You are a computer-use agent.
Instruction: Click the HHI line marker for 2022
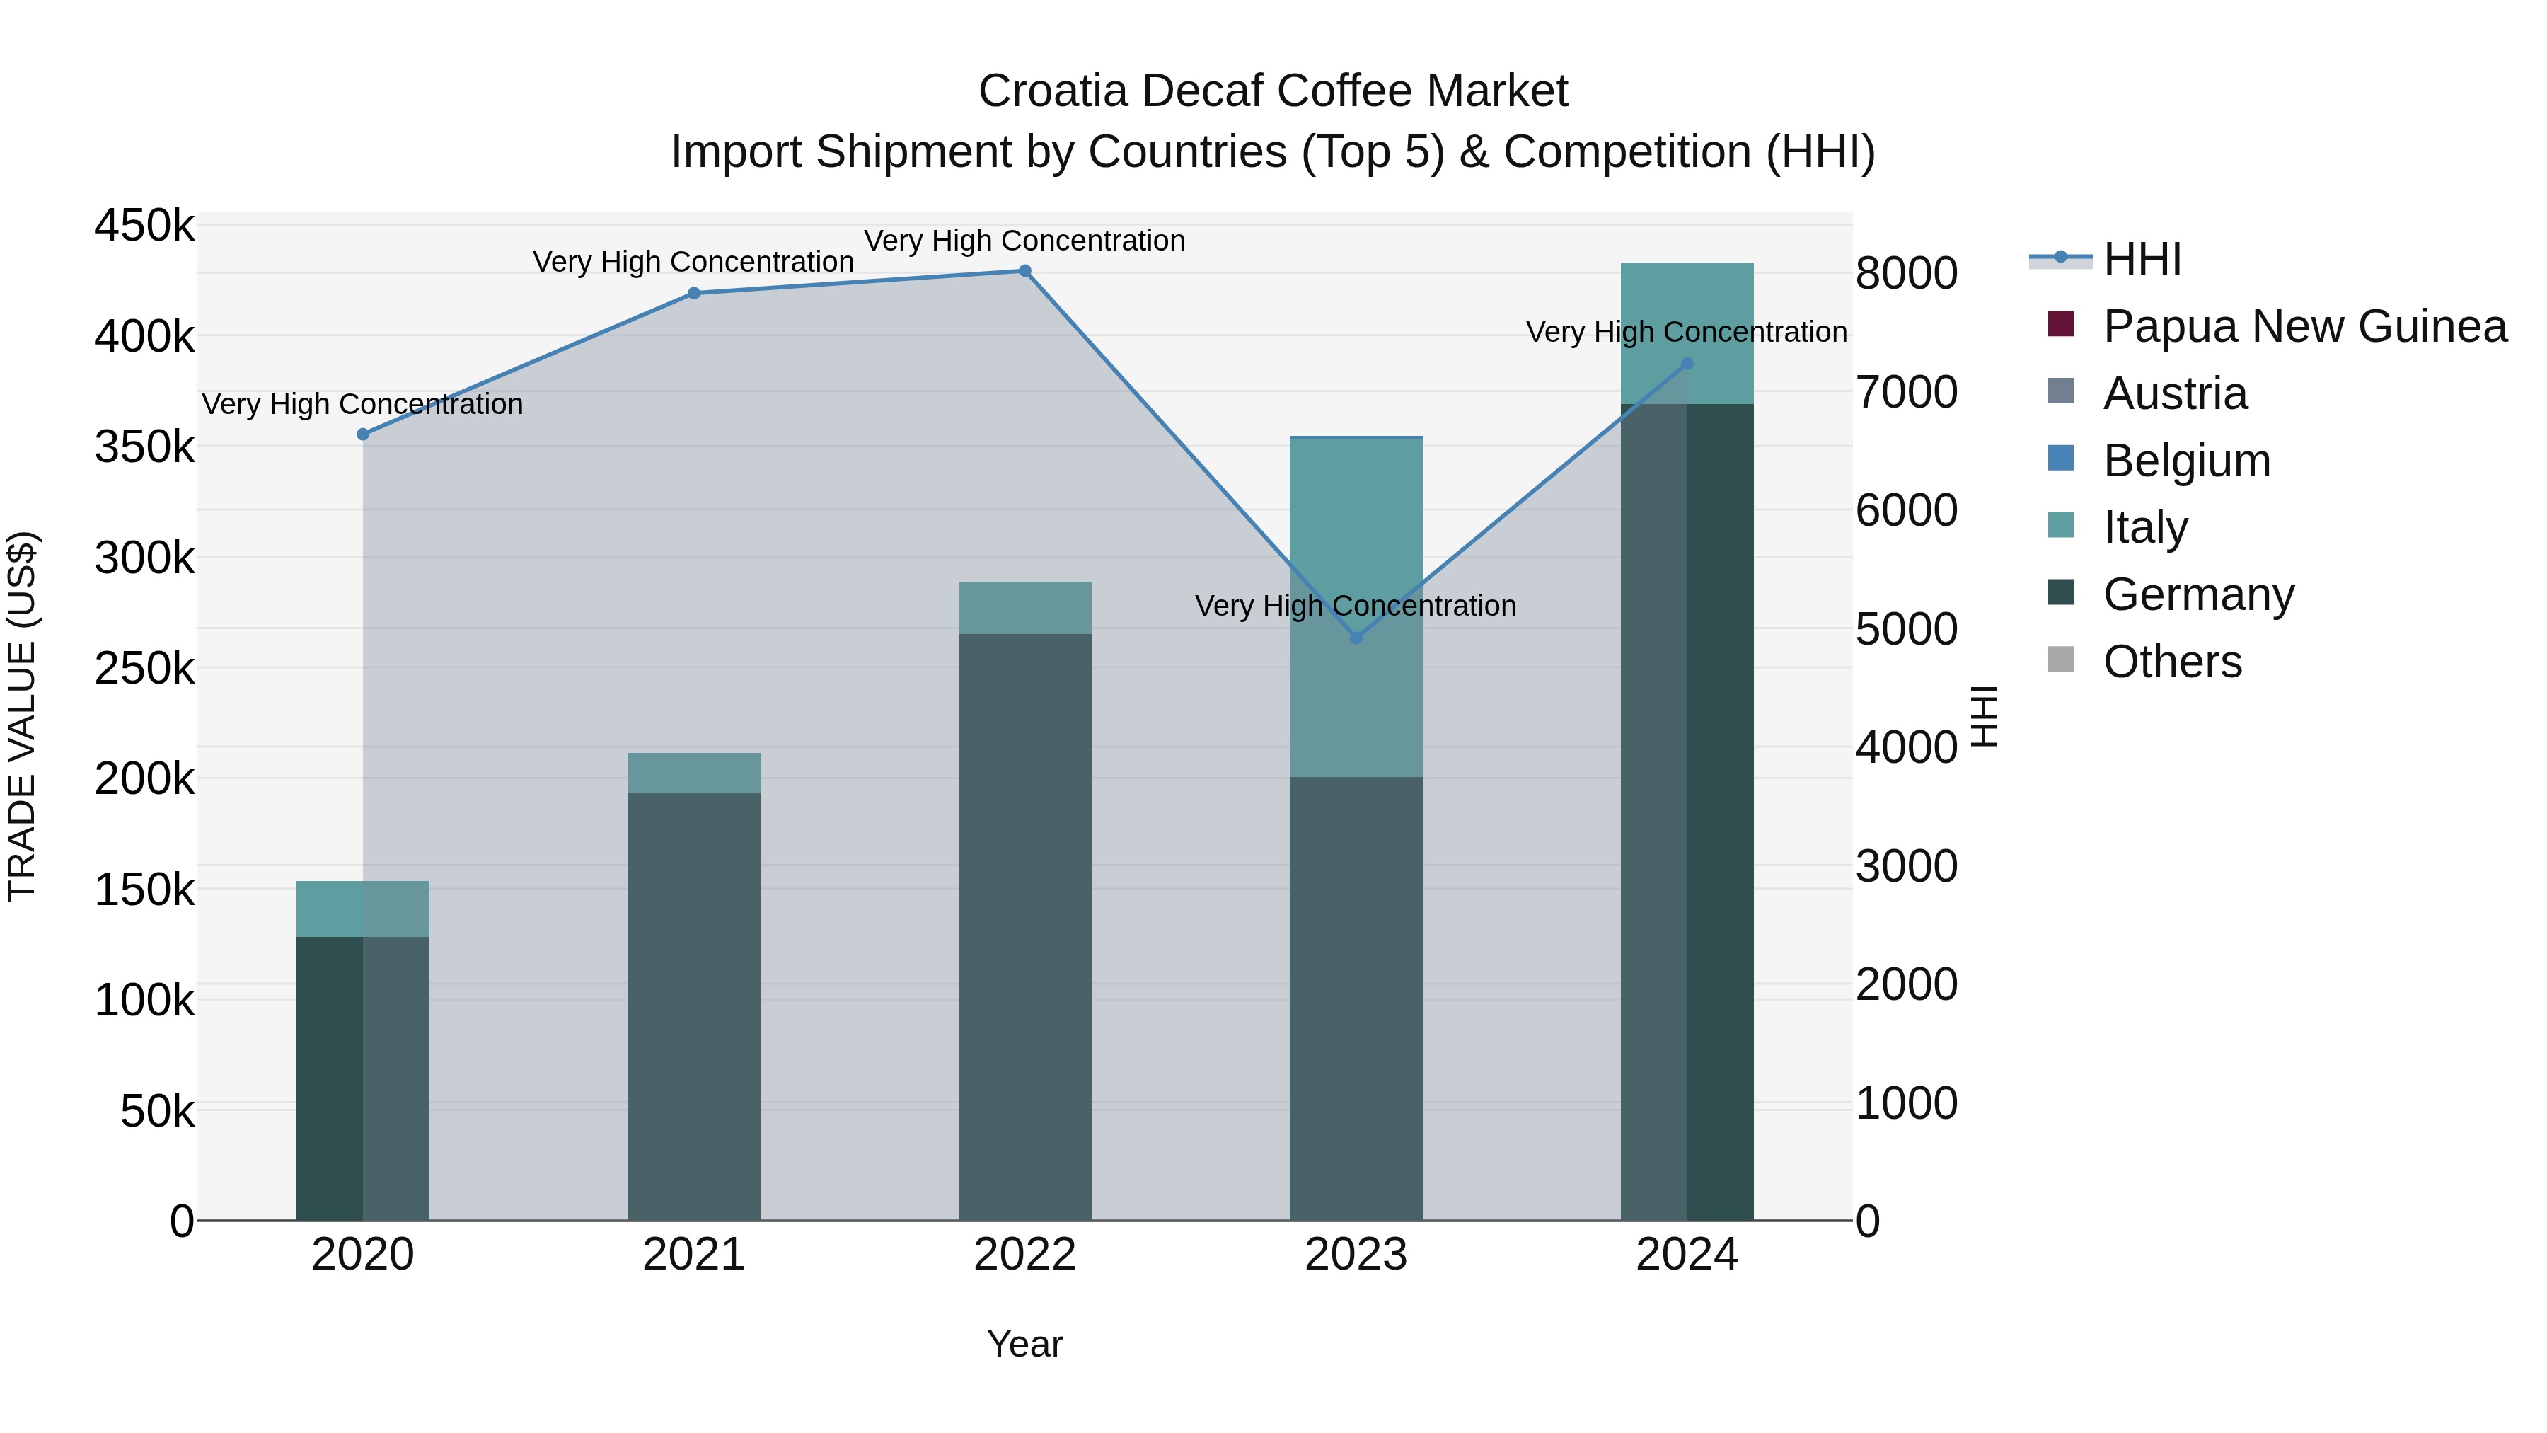click(x=1024, y=271)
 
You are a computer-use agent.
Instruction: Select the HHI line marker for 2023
click(x=1356, y=638)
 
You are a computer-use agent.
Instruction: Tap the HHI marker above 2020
click(x=363, y=434)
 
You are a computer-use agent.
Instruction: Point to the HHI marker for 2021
click(x=694, y=293)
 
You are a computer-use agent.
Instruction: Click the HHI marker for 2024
click(x=1687, y=364)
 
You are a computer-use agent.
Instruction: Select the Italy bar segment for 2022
click(x=1024, y=607)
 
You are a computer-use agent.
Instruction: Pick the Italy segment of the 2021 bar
click(x=694, y=772)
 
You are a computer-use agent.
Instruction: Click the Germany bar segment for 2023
click(x=1356, y=999)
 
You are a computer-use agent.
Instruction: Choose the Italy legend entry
click(x=2144, y=527)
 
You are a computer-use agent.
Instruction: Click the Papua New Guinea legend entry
click(x=2304, y=326)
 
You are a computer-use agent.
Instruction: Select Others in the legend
click(x=2171, y=662)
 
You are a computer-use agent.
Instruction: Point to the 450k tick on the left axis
click(x=144, y=226)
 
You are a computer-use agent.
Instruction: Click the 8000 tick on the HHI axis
click(x=1906, y=274)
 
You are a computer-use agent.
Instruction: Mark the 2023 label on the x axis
click(x=1356, y=1255)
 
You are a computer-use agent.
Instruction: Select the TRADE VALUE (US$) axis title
click(x=22, y=716)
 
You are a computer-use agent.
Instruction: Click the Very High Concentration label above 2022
click(x=1024, y=241)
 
